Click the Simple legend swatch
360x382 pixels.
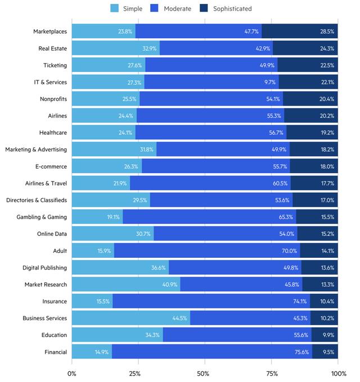tap(114, 8)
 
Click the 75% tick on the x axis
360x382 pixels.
tap(272, 374)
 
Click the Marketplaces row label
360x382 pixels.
tap(50, 31)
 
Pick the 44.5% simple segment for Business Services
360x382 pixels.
tap(130, 318)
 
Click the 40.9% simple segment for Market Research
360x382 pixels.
tap(126, 284)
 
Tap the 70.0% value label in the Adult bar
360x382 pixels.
tap(290, 251)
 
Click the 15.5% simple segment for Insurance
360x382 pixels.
tap(92, 301)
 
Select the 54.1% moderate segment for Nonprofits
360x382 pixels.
tap(211, 99)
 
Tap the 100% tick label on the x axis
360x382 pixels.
tap(338, 374)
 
